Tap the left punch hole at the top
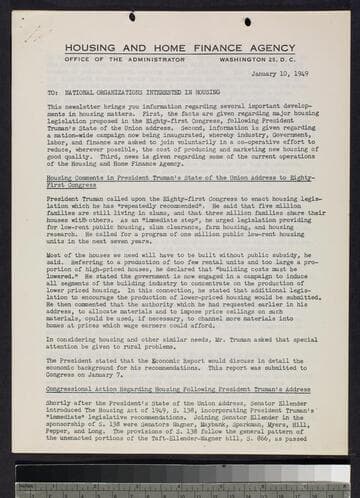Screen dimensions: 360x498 (133, 17)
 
